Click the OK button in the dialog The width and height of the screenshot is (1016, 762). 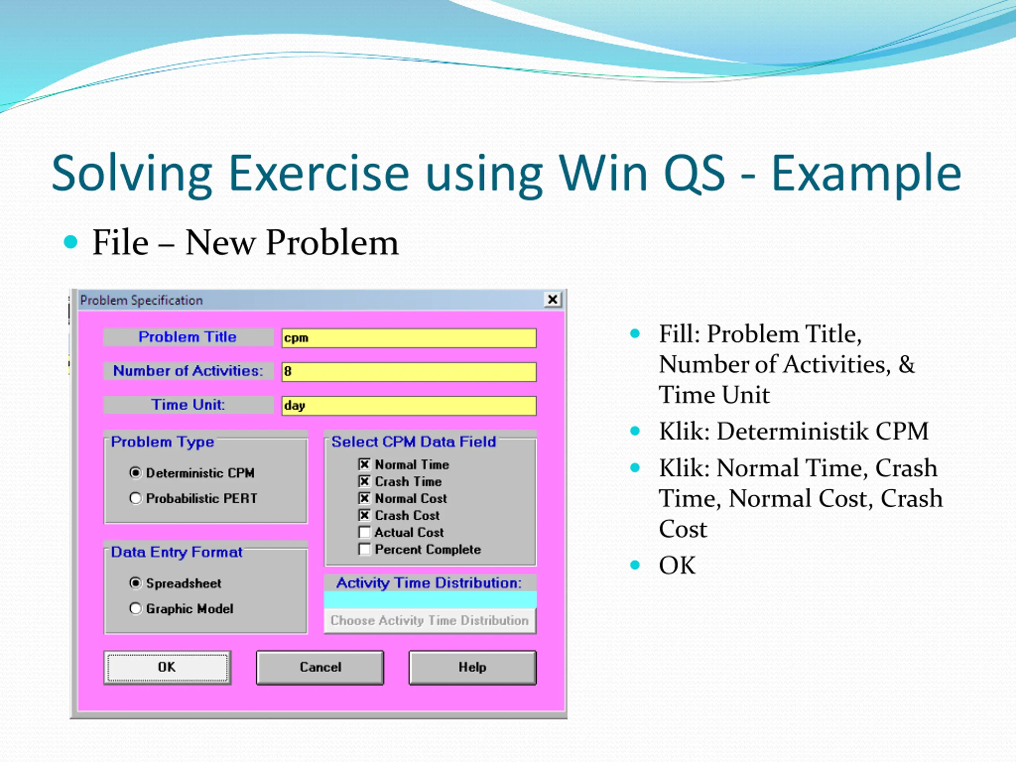[x=167, y=668]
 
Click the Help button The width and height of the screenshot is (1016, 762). [x=473, y=668]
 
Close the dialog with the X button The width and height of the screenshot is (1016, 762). [x=552, y=300]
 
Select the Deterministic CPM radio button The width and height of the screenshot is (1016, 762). [x=135, y=473]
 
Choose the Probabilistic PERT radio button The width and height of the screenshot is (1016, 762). [x=135, y=498]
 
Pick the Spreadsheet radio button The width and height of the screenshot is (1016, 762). [x=135, y=583]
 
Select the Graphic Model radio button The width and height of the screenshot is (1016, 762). [x=135, y=608]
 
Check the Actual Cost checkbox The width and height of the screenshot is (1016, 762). [x=364, y=532]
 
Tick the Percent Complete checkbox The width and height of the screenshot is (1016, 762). [x=364, y=549]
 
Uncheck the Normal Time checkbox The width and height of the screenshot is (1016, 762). [x=364, y=464]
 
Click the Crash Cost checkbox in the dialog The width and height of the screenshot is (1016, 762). [x=364, y=516]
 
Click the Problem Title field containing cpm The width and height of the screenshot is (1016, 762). [x=409, y=338]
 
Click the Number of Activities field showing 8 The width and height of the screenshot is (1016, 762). [x=409, y=371]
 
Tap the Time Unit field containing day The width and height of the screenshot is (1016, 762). [x=409, y=406]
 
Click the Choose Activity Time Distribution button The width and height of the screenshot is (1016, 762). [x=430, y=621]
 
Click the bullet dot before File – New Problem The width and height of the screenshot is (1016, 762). [x=71, y=242]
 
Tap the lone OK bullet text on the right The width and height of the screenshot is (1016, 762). [x=677, y=566]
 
